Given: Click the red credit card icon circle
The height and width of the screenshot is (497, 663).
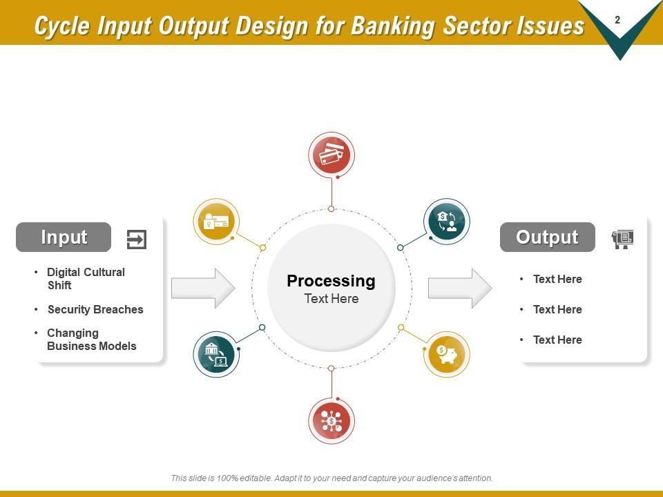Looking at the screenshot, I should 331,155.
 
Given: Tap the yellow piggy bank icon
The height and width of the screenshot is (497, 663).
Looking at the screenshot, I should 446,354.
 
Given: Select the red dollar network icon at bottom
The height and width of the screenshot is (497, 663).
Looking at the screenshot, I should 331,420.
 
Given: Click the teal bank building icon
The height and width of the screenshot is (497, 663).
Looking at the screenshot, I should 216,354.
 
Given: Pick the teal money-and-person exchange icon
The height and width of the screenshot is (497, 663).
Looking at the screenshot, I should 446,222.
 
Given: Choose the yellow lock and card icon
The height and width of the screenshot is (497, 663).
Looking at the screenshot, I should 216,222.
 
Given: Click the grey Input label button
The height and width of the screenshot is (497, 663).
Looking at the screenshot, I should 64,237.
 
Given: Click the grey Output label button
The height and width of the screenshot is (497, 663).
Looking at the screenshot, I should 547,237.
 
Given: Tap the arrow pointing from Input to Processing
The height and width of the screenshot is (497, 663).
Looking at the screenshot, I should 203,288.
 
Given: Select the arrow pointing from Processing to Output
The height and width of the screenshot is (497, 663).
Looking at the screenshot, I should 460,288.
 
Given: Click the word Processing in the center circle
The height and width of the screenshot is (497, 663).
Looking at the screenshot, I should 331,281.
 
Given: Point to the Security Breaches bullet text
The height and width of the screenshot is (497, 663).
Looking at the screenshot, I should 95,309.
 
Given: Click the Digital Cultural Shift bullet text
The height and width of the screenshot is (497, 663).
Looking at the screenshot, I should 86,278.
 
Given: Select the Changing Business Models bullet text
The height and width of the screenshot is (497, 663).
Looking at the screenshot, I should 91,340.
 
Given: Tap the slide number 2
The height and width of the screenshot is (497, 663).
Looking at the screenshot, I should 617,21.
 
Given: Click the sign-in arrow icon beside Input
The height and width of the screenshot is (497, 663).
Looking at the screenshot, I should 137,240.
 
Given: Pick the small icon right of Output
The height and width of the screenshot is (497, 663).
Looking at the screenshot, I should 622,239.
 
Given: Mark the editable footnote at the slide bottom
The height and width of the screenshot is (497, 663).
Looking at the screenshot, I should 331,478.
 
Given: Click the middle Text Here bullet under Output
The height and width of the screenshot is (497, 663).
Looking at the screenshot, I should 557,309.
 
